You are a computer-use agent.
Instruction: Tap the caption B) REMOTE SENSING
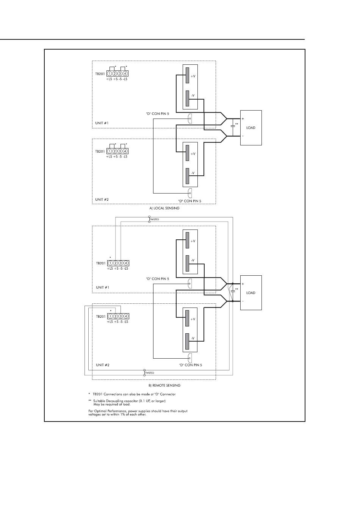tap(164, 386)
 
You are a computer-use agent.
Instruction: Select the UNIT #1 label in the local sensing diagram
tap(102, 123)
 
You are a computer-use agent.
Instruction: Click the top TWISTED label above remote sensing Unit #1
tap(154, 220)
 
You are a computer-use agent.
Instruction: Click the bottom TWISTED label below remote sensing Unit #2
tap(150, 373)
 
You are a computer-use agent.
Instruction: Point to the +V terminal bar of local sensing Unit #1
tap(188, 75)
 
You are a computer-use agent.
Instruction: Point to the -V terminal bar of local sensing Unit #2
tap(188, 176)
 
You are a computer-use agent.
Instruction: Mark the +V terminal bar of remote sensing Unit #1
tap(188, 240)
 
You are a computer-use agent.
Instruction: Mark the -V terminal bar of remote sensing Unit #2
tap(188, 341)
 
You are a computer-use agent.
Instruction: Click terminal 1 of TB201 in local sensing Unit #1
tap(110, 73)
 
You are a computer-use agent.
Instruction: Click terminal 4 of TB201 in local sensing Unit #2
tap(125, 151)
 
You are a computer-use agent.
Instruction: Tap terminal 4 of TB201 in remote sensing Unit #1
tap(126, 263)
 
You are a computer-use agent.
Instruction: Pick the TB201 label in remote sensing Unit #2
tap(101, 316)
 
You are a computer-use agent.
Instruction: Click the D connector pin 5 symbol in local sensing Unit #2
tap(190, 193)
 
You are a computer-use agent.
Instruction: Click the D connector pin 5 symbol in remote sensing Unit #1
tap(190, 284)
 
